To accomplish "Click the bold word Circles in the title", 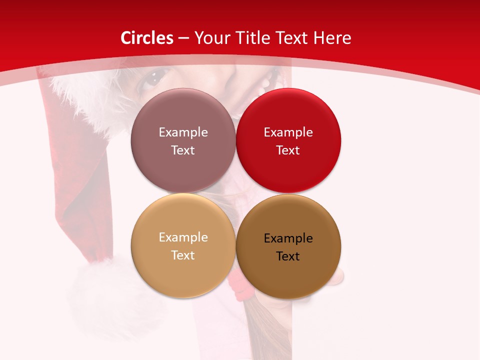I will tap(146, 38).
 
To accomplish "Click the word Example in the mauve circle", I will tap(183, 132).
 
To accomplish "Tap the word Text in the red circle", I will tap(288, 150).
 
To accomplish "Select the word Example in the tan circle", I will tap(183, 237).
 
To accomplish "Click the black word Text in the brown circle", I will tap(288, 256).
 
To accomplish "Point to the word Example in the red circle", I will tap(288, 132).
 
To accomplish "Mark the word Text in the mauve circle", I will tap(183, 150).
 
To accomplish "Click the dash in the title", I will tap(183, 38).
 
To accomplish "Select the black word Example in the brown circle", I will tap(288, 238).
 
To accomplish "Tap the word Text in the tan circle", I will tap(183, 255).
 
